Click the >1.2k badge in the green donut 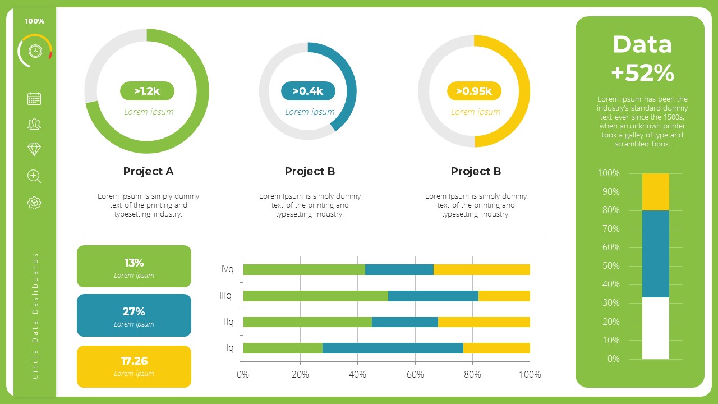tap(147, 91)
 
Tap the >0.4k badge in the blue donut tap(308, 91)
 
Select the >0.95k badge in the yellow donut tap(474, 91)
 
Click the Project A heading tap(148, 171)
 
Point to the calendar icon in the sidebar tap(34, 99)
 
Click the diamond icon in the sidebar tap(34, 149)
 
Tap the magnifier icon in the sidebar tap(34, 176)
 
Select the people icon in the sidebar tap(34, 124)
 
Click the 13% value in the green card tap(134, 263)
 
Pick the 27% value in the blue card tap(134, 311)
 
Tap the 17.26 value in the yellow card tap(134, 361)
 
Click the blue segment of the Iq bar tap(393, 348)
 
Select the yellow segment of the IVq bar tap(481, 270)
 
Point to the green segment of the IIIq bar tap(315, 296)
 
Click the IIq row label tap(229, 322)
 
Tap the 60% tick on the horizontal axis tap(415, 374)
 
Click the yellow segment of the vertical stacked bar tap(656, 192)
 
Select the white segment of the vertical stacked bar tap(656, 328)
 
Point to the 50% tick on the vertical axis tap(609, 266)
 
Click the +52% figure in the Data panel tap(642, 73)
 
